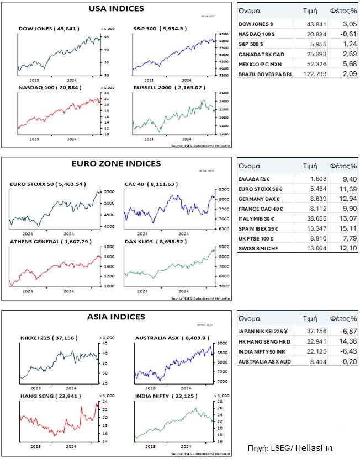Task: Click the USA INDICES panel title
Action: (116, 9)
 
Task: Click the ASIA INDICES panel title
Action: (116, 317)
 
